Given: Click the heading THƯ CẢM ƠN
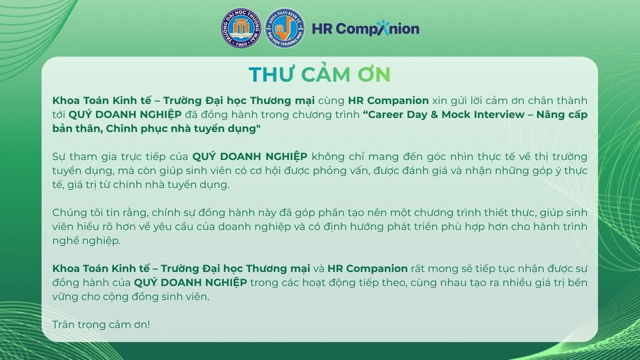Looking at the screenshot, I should [x=319, y=75].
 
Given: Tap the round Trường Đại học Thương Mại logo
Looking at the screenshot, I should [x=241, y=28].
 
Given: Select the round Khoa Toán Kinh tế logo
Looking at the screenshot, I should [x=285, y=28].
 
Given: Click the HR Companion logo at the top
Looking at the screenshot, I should [x=365, y=29].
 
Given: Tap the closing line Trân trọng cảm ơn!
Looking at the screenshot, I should [x=101, y=324].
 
